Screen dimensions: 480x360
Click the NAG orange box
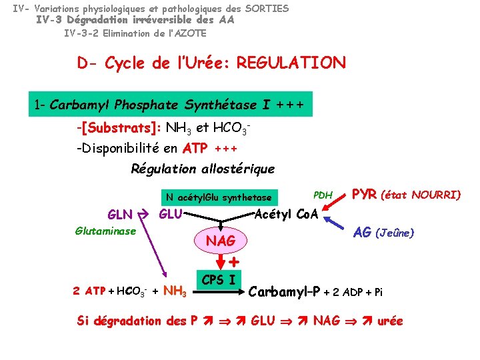coord(221,240)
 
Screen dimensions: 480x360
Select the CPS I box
coord(217,280)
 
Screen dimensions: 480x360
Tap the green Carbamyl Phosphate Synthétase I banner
coord(170,105)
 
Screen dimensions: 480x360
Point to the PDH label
coord(323,195)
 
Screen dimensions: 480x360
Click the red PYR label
coord(365,195)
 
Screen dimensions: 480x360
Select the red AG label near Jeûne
coord(362,233)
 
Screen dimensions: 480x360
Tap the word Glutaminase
coord(106,231)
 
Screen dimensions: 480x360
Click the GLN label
coord(120,215)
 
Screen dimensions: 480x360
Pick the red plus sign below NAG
coord(235,262)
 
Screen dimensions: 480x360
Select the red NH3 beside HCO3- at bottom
coord(175,291)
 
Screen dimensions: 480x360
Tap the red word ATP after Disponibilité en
coord(196,148)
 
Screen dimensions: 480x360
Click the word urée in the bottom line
coord(390,321)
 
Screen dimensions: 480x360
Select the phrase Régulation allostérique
coord(202,169)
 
